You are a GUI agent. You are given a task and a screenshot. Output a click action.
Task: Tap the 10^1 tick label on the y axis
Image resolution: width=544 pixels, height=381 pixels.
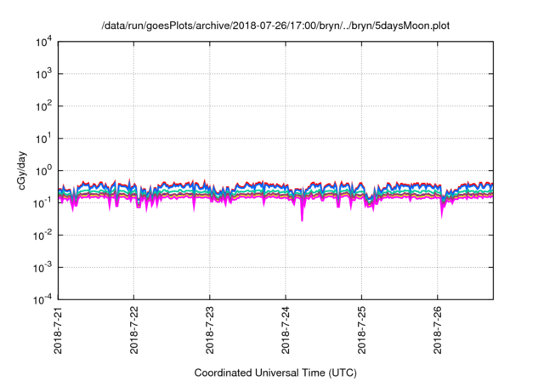pos(44,138)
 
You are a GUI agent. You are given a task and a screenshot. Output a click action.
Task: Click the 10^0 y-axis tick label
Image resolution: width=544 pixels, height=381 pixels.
pos(44,170)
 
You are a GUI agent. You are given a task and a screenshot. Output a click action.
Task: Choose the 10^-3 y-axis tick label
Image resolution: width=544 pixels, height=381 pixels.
pos(43,267)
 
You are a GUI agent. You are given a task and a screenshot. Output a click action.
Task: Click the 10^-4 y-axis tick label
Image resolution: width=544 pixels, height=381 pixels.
pos(43,299)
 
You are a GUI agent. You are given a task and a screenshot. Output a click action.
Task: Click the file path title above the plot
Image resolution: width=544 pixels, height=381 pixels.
pos(275,26)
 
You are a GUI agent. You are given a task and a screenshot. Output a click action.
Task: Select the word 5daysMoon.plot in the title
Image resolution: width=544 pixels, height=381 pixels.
pos(414,26)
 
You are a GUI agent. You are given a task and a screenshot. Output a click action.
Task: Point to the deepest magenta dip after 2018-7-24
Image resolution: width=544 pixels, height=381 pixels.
pos(302,220)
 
